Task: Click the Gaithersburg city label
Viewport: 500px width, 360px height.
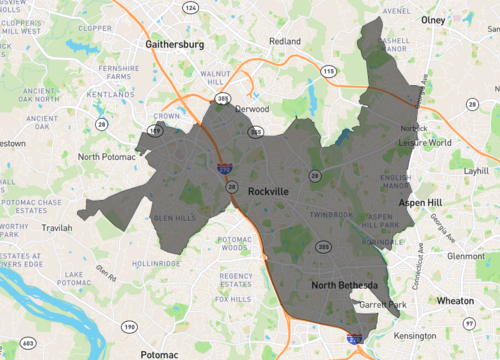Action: point(175,45)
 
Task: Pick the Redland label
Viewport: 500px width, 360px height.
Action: point(286,41)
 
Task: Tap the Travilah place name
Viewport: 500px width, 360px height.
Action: point(57,228)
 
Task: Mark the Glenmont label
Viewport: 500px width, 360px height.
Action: point(465,255)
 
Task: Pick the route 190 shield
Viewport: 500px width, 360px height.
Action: point(128,327)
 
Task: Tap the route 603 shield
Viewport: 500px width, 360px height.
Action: point(27,343)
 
